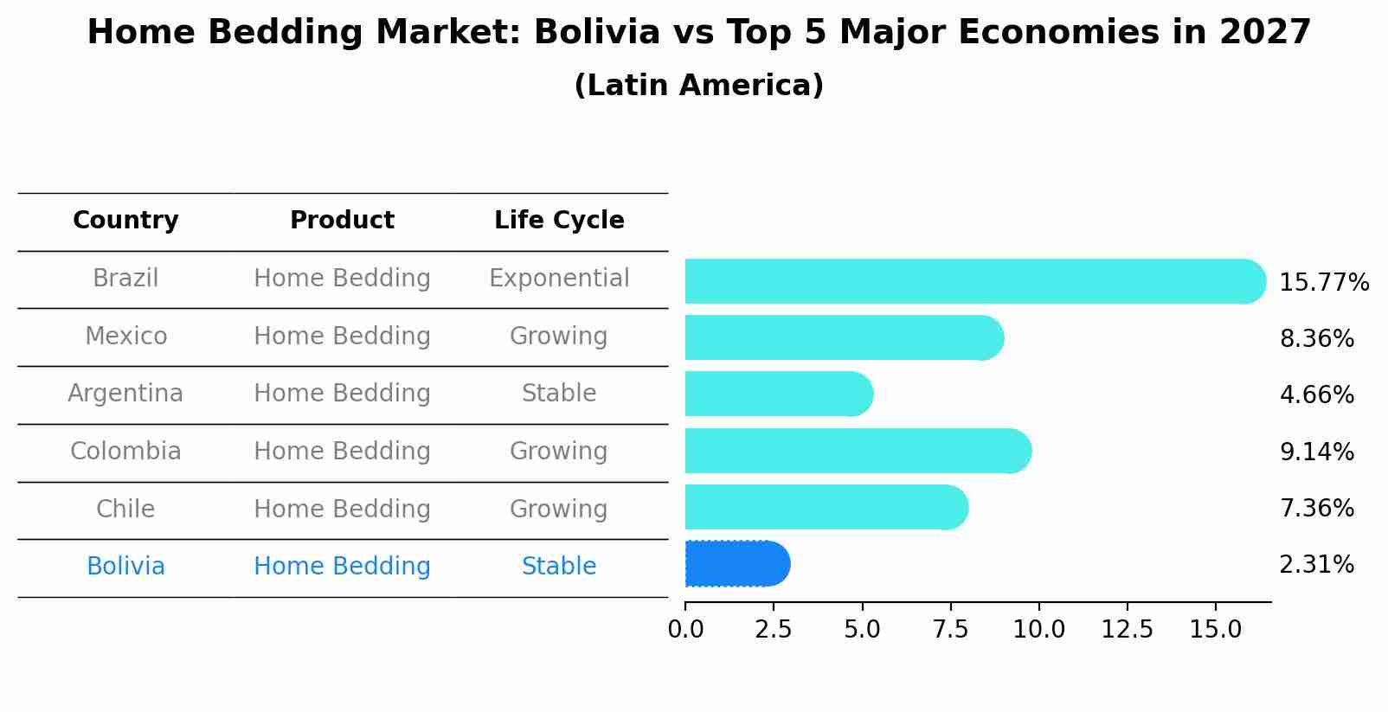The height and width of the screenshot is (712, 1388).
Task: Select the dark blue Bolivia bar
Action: [736, 564]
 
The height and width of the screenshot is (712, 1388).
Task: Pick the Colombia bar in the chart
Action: [857, 451]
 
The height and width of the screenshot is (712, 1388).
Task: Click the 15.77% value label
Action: [1323, 283]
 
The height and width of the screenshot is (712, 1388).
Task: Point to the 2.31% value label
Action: [1316, 565]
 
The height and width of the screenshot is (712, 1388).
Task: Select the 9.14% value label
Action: [1316, 452]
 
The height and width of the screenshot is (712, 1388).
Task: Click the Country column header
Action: [125, 221]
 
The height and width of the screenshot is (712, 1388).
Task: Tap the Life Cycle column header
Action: [559, 221]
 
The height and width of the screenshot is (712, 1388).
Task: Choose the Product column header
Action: [342, 221]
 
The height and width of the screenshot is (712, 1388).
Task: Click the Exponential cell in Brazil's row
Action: [559, 279]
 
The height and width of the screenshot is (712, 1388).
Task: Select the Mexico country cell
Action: [125, 336]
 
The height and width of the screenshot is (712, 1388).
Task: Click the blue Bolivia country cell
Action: [125, 567]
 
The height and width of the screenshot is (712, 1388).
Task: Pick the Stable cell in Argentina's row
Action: [559, 394]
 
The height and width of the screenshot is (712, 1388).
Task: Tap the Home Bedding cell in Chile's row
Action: [342, 509]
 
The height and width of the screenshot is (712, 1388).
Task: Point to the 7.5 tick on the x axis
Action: [950, 630]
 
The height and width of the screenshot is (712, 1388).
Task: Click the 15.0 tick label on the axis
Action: [1215, 630]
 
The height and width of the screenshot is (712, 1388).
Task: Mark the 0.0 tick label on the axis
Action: [685, 630]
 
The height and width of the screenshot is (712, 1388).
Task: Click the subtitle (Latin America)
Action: [698, 86]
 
